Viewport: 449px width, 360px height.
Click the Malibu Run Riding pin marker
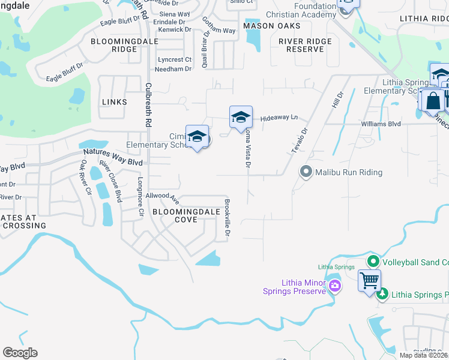pos(306,172)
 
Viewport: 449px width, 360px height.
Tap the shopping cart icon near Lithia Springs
pos(369,280)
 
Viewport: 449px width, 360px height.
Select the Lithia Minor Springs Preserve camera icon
pos(334,287)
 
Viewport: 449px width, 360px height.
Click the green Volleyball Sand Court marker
pos(373,262)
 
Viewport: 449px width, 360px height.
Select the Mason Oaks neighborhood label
pos(272,26)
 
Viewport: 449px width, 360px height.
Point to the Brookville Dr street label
pos(228,217)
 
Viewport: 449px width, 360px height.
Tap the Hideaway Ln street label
pos(279,118)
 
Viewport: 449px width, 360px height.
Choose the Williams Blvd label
pos(381,124)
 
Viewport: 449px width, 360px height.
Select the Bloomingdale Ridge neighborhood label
pos(113,45)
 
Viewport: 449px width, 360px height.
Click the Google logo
pos(20,353)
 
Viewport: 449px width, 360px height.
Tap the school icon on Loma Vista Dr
pos(241,116)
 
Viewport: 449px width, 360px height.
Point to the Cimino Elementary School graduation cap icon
pos(197,137)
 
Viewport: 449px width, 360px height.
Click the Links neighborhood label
pos(115,102)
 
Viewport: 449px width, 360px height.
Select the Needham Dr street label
pos(172,69)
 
